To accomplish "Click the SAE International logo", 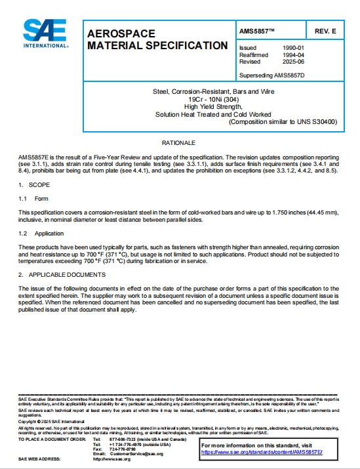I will (x=45, y=33).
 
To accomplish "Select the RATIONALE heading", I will (x=178, y=142).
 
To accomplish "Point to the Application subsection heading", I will (x=49, y=233).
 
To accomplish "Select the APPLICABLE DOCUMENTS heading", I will (x=64, y=274).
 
